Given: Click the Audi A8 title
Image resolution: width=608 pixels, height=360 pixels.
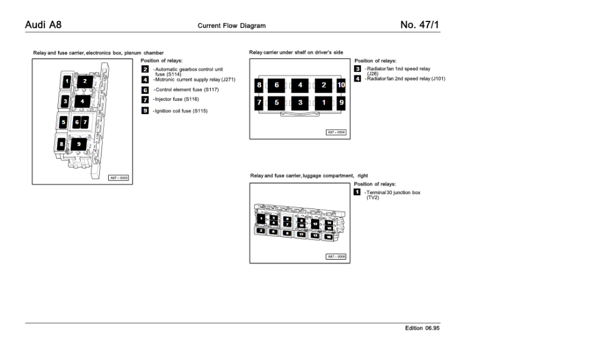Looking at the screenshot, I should [43, 25].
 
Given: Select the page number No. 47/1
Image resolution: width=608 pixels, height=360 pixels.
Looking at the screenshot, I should [420, 25].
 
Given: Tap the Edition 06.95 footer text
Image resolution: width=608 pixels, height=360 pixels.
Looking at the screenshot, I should [422, 328].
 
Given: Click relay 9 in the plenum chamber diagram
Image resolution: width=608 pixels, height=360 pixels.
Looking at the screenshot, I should [78, 144].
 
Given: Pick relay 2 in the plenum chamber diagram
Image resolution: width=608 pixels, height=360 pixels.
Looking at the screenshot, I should [85, 81].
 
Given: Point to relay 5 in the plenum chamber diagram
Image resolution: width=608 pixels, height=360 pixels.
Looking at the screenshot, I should [62, 122].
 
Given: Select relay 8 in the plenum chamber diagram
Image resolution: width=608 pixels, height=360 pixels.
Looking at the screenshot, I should [61, 144].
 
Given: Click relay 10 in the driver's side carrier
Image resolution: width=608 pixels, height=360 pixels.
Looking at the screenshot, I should [341, 85].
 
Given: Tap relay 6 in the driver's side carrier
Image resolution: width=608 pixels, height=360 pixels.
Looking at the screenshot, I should [276, 85].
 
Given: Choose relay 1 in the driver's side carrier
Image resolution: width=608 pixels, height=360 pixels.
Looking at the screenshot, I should [324, 102].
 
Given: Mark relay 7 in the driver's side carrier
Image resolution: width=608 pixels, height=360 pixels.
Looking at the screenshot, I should [259, 102].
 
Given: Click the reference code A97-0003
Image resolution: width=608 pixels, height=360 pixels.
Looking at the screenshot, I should [119, 178].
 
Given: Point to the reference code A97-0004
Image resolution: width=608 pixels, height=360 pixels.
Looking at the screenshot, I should [336, 132].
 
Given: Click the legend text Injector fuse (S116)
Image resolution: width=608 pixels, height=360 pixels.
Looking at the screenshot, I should [176, 99].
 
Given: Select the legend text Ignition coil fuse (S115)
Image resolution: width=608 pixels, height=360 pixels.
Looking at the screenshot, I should [180, 110].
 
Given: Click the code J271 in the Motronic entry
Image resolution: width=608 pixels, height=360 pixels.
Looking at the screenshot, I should [228, 79].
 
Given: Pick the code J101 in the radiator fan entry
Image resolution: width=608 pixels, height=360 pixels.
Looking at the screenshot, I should [437, 78].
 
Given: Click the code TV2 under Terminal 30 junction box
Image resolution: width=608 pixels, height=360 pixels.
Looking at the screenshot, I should [372, 197].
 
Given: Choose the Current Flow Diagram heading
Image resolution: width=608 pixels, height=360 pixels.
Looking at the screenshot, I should [232, 26].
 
